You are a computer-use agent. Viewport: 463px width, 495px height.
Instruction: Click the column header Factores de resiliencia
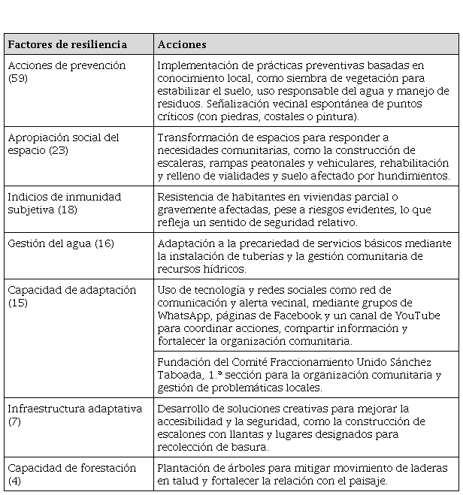tap(68, 44)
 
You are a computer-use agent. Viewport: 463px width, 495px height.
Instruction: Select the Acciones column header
tap(182, 44)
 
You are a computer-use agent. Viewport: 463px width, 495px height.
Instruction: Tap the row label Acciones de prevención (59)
tap(66, 71)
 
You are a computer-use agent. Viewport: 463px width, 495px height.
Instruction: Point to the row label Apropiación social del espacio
tap(63, 143)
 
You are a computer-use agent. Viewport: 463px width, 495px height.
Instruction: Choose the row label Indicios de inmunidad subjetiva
tap(64, 203)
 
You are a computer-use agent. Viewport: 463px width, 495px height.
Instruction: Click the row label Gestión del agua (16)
tap(61, 244)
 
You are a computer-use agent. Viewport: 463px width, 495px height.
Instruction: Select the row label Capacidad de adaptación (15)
tap(71, 296)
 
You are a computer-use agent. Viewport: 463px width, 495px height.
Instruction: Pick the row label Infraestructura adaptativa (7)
tap(74, 415)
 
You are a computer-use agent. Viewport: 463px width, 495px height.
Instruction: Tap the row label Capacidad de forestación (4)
tap(71, 474)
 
